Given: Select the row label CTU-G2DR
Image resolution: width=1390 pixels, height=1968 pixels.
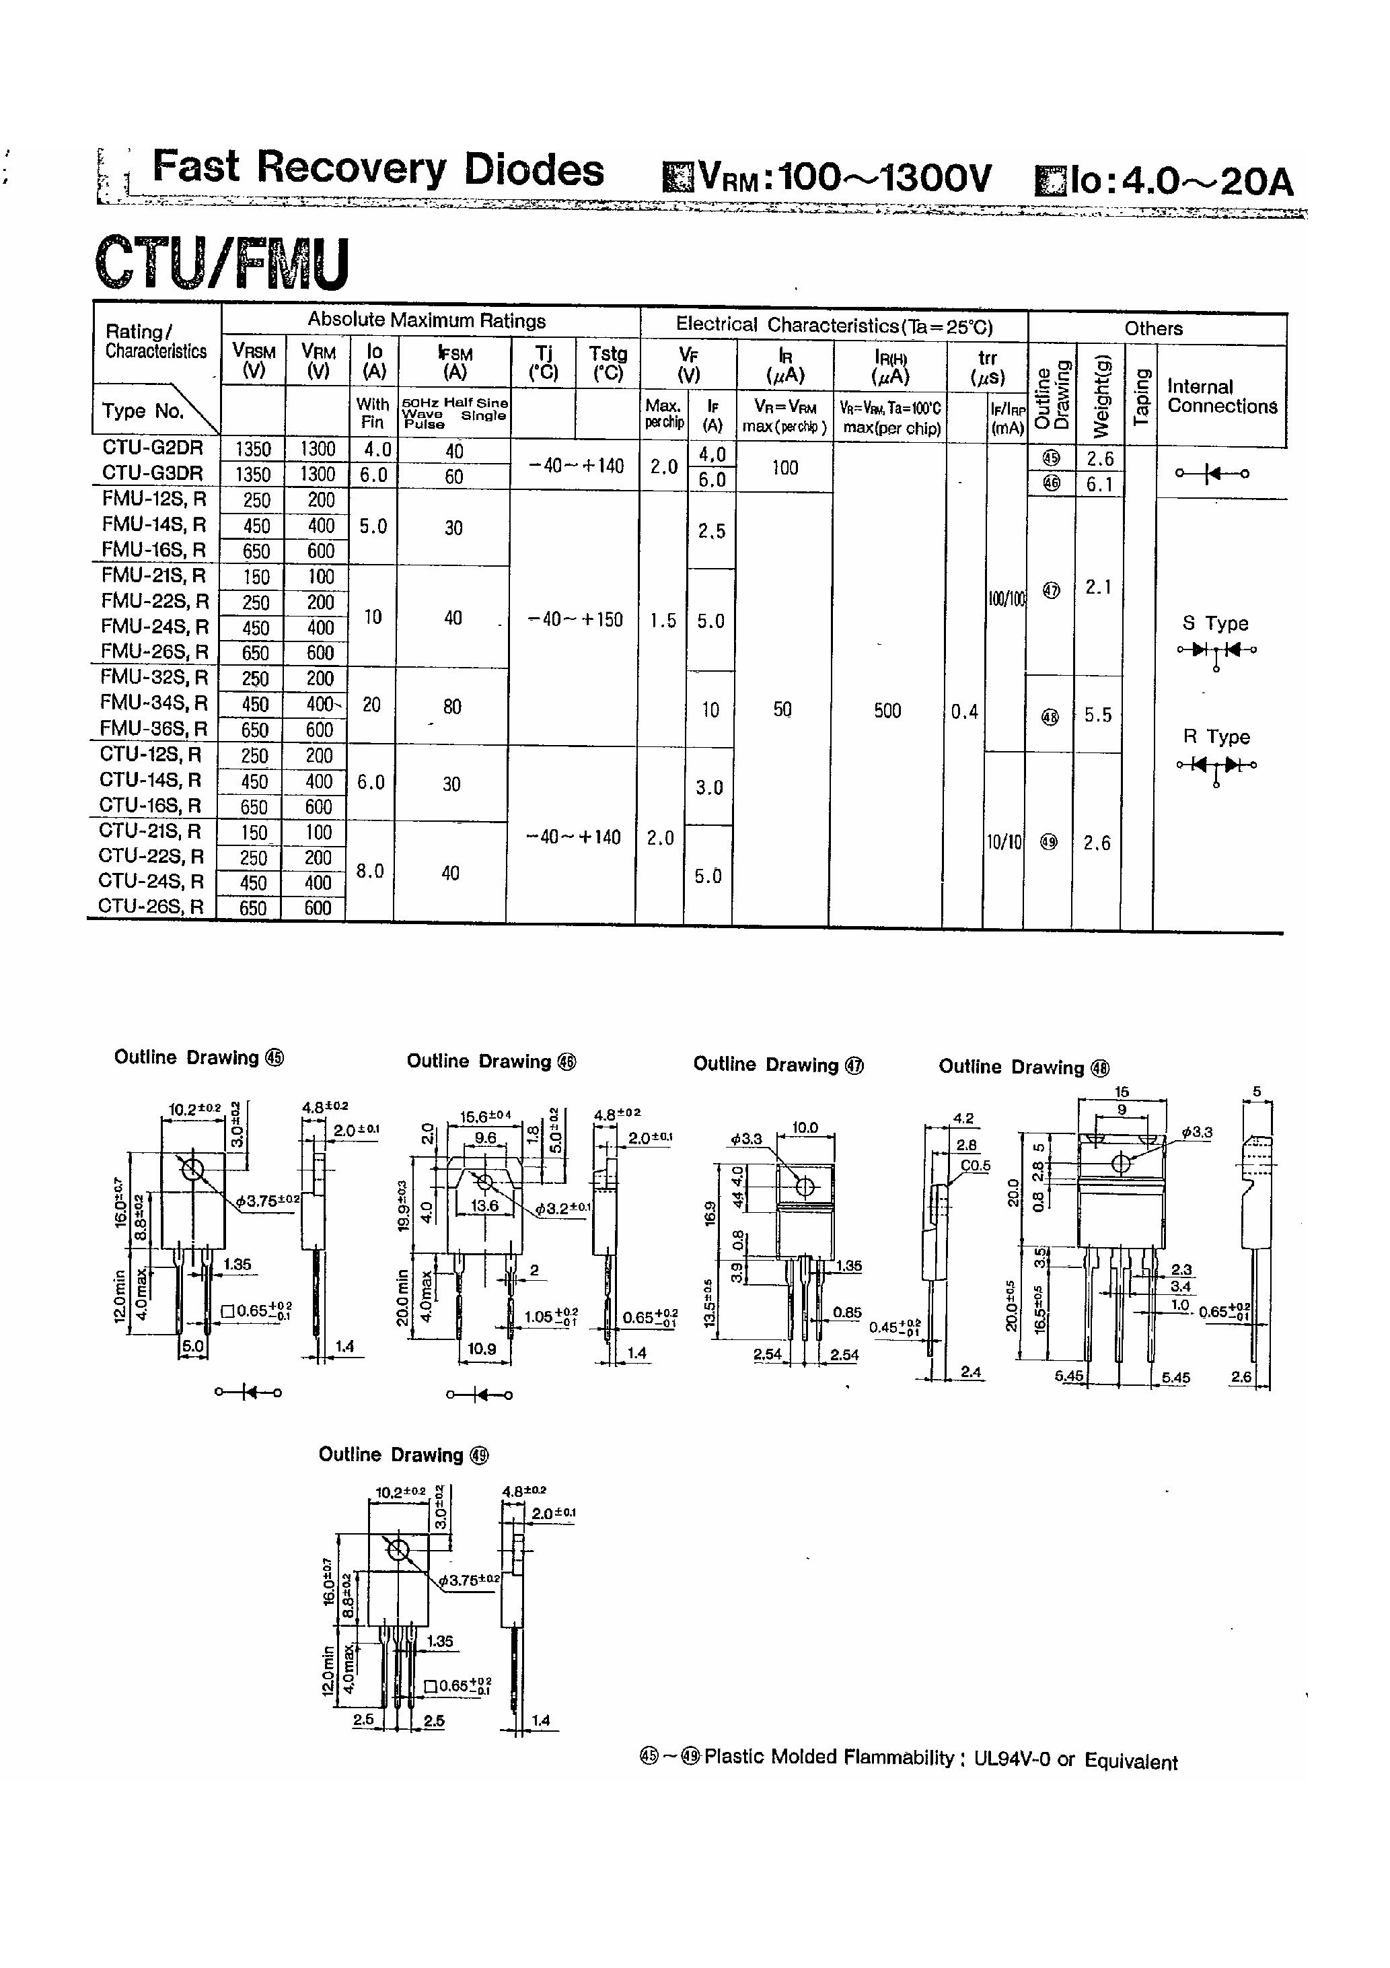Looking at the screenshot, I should coord(153,448).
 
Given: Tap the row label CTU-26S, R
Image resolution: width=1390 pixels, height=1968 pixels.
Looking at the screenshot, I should coord(151,906).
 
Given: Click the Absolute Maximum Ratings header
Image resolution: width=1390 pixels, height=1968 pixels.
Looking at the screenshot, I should coord(427,320).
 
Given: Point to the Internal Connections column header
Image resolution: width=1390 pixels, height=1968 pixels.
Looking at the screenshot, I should coord(1221,396).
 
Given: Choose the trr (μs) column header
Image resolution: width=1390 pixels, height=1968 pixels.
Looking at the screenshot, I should coord(987,367).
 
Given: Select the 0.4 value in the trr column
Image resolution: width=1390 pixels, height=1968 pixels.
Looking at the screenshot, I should coord(964,711).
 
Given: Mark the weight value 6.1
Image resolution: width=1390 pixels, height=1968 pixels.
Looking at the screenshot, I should coord(1099,485).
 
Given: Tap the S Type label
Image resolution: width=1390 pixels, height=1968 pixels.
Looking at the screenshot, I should coord(1215,623).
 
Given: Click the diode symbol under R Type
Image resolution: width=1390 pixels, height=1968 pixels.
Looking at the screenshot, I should coord(1216,765).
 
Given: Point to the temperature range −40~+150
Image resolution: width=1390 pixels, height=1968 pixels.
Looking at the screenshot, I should coord(575,620).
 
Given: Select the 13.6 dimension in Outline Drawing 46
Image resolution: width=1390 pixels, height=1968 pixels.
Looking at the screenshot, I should coord(484,1205).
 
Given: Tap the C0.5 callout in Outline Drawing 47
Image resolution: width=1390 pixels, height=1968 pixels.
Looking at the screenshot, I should coord(976,1166).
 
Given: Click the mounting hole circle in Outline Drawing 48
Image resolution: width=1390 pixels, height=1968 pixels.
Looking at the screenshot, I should coord(1121,1163).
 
